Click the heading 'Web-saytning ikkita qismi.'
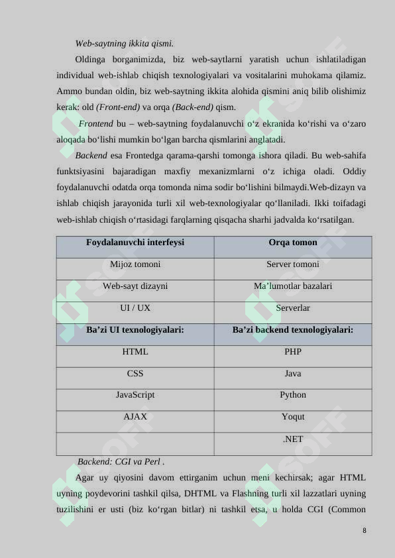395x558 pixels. point(125,44)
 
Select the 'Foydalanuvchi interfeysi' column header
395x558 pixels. point(135,243)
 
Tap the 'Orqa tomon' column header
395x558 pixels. point(293,243)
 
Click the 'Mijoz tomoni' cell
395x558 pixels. point(135,264)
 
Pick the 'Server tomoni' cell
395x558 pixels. point(293,264)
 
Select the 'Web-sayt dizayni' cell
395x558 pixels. point(135,286)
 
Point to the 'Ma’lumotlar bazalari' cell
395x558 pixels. point(293,286)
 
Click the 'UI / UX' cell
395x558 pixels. point(135,308)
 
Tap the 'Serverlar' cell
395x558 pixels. point(293,308)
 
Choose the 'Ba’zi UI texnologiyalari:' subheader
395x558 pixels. point(135,329)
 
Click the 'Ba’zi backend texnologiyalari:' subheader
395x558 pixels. point(293,329)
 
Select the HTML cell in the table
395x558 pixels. point(135,352)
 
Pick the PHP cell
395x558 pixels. point(293,352)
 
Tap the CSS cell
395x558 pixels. point(135,374)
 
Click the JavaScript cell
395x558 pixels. point(135,395)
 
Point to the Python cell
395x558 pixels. point(293,395)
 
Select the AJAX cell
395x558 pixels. point(135,417)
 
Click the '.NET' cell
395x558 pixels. point(293,439)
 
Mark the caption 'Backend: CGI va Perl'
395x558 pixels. point(121,461)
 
